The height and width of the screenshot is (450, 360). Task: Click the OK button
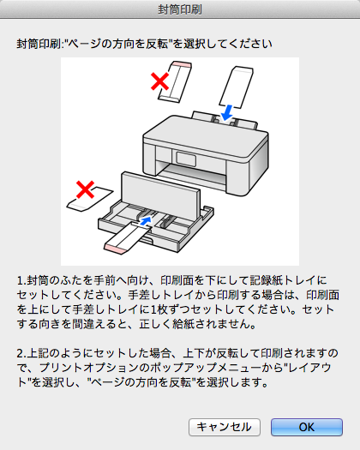coord(307,427)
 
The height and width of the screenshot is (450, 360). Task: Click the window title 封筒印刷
coord(180,9)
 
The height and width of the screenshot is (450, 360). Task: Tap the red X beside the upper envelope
coord(160,81)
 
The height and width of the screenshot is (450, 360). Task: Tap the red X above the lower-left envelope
coord(85,189)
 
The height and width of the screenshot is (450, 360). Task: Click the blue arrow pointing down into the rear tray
coord(227,112)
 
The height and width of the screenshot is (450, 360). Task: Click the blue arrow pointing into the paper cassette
coord(146,220)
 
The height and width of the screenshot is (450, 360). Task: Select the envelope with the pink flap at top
coord(175,81)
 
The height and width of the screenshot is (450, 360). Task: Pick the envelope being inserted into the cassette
coord(127,238)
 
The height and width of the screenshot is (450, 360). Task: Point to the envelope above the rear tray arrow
coord(237,87)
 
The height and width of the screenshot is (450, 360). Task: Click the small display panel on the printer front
coord(186,159)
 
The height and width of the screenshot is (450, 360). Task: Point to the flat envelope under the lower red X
coord(90,199)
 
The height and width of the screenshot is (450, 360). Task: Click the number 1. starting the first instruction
coord(21,280)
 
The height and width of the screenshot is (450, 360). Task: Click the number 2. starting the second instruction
coord(21,353)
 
